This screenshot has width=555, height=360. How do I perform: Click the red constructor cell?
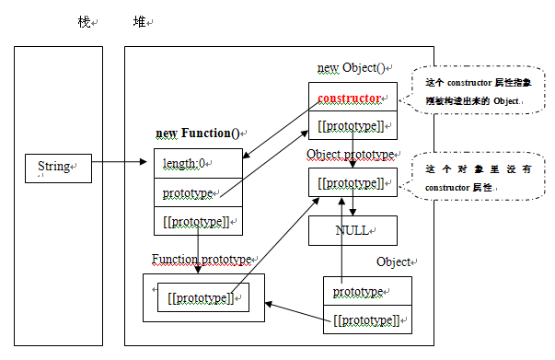click(353, 98)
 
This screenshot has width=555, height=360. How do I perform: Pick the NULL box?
click(353, 230)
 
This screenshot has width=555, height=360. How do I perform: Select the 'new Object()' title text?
click(354, 68)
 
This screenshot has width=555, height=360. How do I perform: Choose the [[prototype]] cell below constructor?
click(353, 124)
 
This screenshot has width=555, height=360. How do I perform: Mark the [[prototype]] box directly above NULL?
click(353, 182)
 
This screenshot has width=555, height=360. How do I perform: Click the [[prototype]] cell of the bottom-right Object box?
click(367, 319)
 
